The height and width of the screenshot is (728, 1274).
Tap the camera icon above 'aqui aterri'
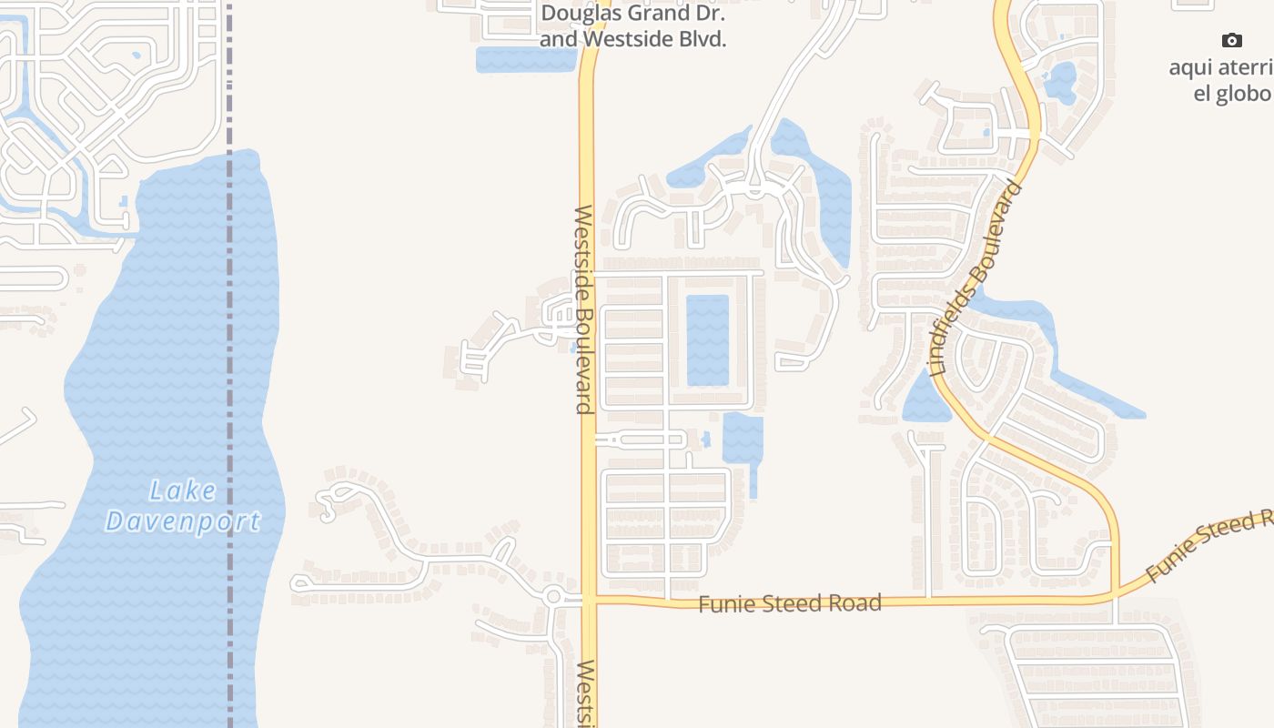click(1232, 40)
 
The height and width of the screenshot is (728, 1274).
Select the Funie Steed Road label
click(789, 602)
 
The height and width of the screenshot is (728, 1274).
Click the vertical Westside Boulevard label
click(583, 309)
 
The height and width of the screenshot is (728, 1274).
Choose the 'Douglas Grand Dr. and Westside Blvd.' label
click(632, 26)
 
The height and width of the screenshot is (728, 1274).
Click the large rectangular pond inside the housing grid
click(707, 339)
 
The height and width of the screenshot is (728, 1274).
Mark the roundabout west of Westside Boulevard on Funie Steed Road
click(552, 597)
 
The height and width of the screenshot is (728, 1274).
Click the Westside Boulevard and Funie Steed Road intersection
click(589, 600)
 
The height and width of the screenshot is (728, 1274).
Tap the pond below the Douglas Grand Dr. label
click(525, 59)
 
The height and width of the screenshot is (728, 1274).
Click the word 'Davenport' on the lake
click(183, 521)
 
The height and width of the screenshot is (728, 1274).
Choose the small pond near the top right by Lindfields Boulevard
click(1060, 82)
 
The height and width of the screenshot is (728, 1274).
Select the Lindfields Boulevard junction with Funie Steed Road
click(1116, 596)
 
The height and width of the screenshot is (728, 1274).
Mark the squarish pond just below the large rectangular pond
click(742, 438)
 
